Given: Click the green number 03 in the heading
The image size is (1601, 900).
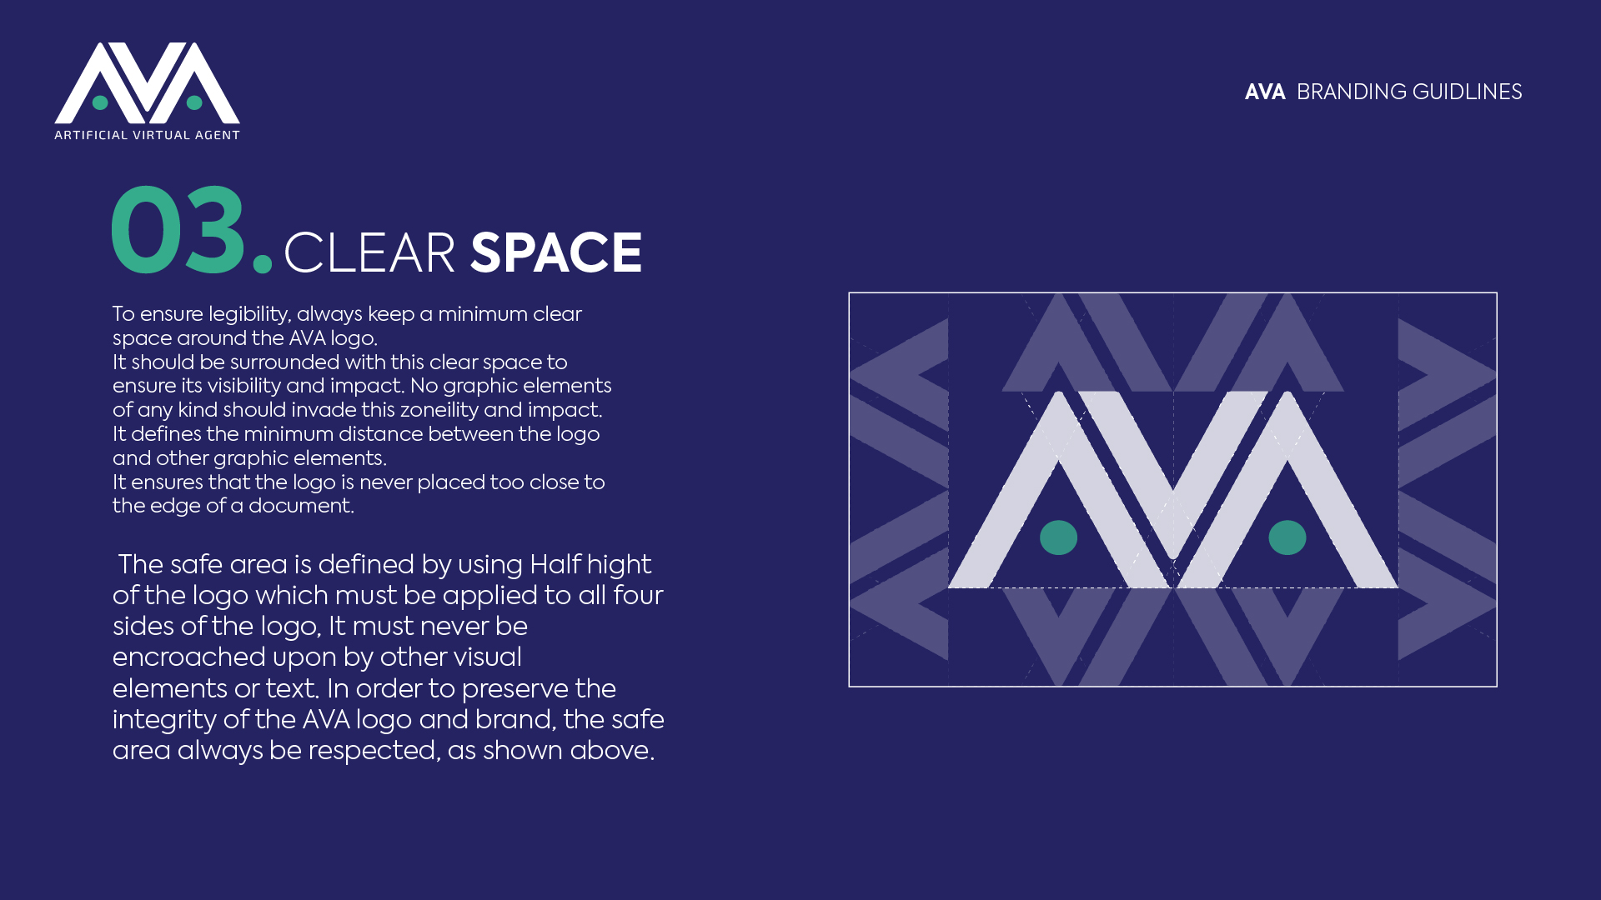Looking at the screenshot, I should [x=178, y=230].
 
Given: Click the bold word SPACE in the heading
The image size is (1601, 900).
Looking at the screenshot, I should [x=556, y=253].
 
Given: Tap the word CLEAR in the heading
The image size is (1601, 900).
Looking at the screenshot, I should [x=369, y=253].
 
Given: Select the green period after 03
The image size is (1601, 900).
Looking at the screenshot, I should [x=263, y=262].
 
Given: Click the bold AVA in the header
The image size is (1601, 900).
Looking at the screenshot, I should [x=1264, y=92].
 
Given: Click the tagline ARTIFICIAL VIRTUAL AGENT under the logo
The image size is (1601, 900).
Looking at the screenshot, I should [x=147, y=135].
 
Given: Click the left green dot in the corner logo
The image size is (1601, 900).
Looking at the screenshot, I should [x=100, y=102].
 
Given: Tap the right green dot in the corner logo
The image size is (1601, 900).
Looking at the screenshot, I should [x=194, y=102].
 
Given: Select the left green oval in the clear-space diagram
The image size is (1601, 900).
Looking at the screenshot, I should [x=1058, y=537].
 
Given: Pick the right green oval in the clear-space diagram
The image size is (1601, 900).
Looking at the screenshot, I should [x=1287, y=537].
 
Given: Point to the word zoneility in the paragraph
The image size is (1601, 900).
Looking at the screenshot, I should [x=439, y=411].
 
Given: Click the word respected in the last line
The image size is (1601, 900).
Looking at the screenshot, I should [x=372, y=751].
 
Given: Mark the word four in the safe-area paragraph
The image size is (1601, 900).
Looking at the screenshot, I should [x=638, y=596].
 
